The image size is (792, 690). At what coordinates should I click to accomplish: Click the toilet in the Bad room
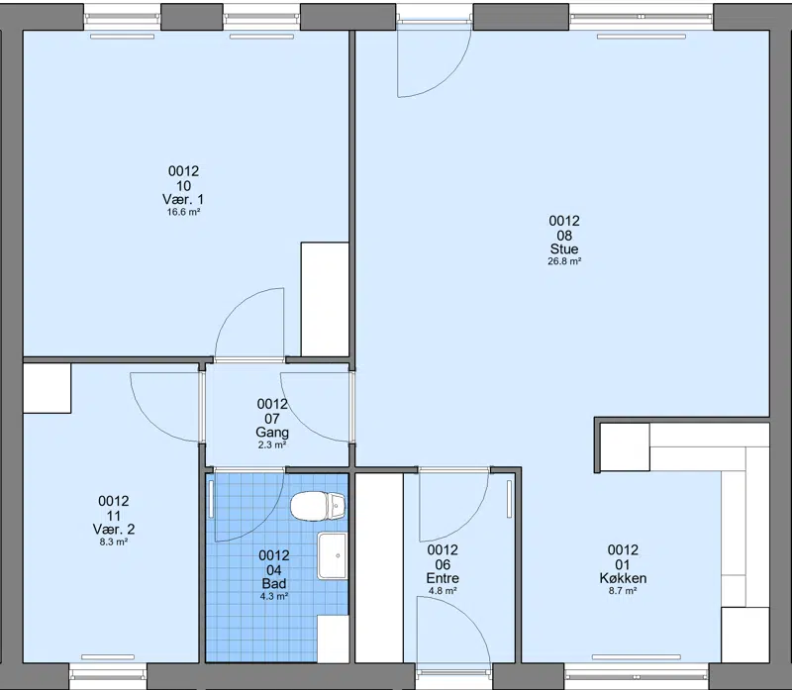318,506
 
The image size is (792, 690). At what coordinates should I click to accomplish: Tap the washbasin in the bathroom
333,555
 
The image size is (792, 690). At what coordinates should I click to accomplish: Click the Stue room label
564,249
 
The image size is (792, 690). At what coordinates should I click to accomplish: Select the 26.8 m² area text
564,261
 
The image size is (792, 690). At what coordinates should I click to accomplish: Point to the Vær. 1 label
183,199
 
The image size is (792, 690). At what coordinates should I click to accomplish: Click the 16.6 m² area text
183,212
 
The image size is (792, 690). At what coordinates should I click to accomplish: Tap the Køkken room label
623,578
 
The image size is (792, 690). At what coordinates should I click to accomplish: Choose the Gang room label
272,433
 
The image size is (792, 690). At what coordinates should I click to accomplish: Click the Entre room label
443,578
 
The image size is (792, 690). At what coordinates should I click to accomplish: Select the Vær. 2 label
114,530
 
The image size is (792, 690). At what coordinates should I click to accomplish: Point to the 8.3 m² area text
114,542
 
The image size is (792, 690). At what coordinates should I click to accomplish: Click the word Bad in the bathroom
274,583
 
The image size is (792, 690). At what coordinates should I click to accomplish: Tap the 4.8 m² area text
443,590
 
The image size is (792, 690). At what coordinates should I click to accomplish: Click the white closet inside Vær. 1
325,299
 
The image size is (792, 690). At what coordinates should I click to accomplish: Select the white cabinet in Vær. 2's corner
47,388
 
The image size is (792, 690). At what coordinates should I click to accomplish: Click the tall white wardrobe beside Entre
379,568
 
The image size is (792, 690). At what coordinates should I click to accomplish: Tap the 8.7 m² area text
623,590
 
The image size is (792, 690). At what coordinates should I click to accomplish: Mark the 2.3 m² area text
272,445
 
